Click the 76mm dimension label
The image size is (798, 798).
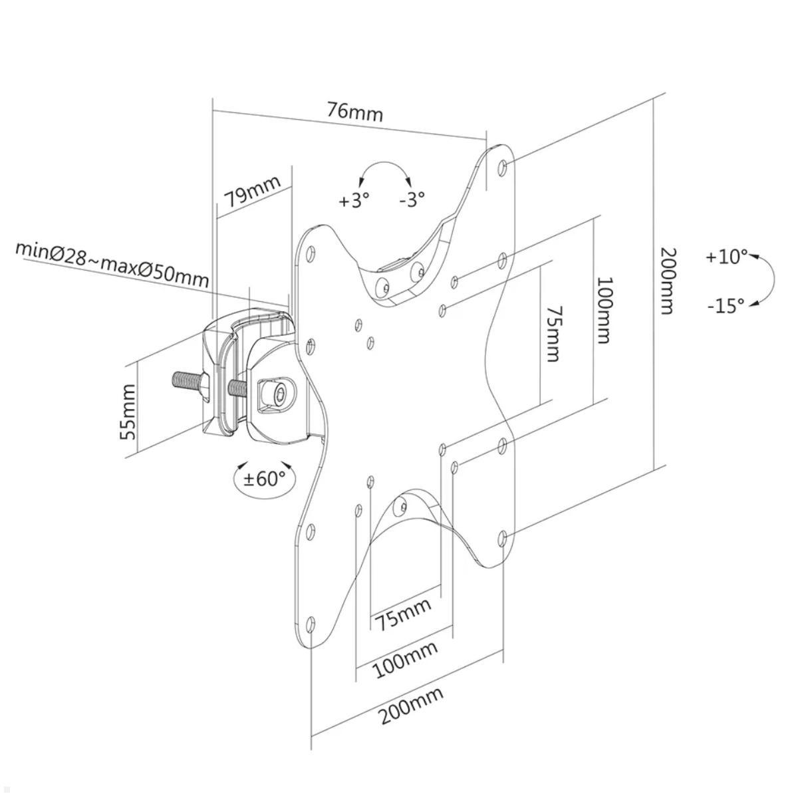pyautogui.click(x=354, y=112)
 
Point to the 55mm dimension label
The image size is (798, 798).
pyautogui.click(x=128, y=412)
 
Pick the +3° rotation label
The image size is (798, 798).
pyautogui.click(x=353, y=200)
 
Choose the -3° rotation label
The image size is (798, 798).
pyautogui.click(x=412, y=199)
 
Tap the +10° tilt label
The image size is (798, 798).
pyautogui.click(x=726, y=256)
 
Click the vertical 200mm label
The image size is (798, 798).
pyautogui.click(x=667, y=280)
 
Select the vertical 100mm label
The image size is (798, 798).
pyautogui.click(x=602, y=311)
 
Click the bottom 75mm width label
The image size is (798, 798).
pyautogui.click(x=402, y=613)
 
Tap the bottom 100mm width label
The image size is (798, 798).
pyautogui.click(x=405, y=659)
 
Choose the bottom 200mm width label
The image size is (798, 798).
pyautogui.click(x=411, y=707)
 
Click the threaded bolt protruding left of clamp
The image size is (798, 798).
pyautogui.click(x=189, y=382)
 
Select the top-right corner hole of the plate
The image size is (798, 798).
pyautogui.click(x=503, y=165)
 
